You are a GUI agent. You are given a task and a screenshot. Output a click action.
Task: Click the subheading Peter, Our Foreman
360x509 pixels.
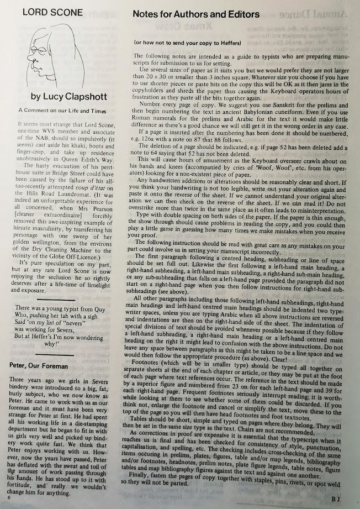(39, 366)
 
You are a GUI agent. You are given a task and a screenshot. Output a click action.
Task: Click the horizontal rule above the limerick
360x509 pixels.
(55, 298)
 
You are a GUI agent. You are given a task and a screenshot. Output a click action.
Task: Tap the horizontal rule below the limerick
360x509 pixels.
(55, 354)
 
